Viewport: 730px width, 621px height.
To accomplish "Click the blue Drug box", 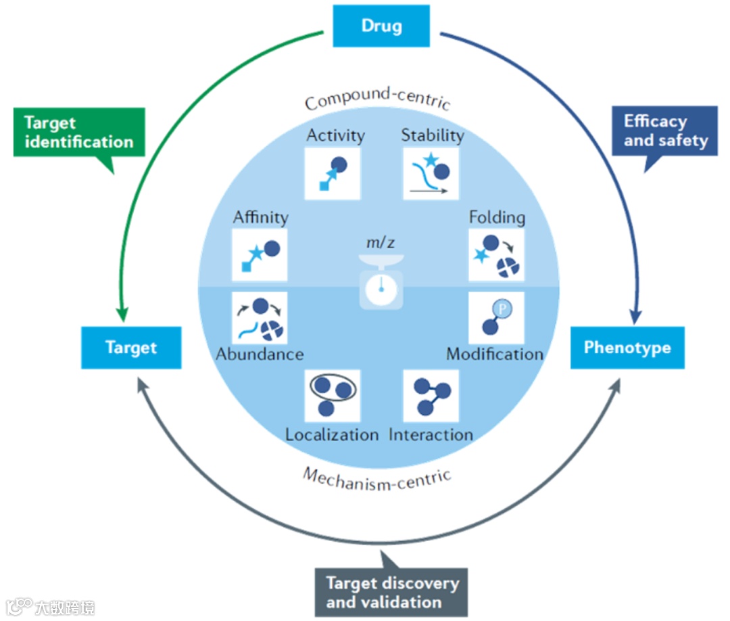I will pyautogui.click(x=381, y=26).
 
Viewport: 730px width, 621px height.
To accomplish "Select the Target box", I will pyautogui.click(x=131, y=348).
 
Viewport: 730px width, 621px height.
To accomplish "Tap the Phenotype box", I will pyautogui.click(x=627, y=348).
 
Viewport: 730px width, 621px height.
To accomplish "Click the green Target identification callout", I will pyautogui.click(x=79, y=133).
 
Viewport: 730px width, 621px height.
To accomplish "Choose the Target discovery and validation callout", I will pyautogui.click(x=392, y=592).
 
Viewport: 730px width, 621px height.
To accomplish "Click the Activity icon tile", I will pyautogui.click(x=333, y=173).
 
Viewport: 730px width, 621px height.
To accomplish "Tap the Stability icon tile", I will pyautogui.click(x=431, y=173).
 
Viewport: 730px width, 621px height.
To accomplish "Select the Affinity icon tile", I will pyautogui.click(x=259, y=255).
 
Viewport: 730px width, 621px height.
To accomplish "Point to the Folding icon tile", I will pyautogui.click(x=496, y=255).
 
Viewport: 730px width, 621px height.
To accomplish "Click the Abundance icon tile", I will pyautogui.click(x=259, y=319).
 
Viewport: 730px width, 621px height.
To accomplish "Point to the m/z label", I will pyautogui.click(x=381, y=241).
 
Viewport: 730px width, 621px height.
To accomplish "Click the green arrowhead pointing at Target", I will pyautogui.click(x=122, y=314).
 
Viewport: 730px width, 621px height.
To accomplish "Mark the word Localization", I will pyautogui.click(x=332, y=434).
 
